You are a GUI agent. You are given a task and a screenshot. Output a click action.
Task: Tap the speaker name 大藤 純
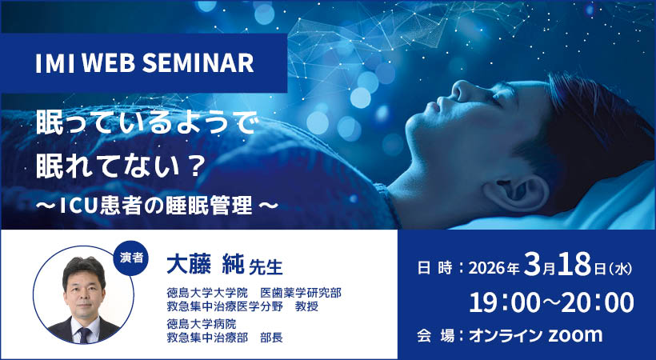[200, 263]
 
